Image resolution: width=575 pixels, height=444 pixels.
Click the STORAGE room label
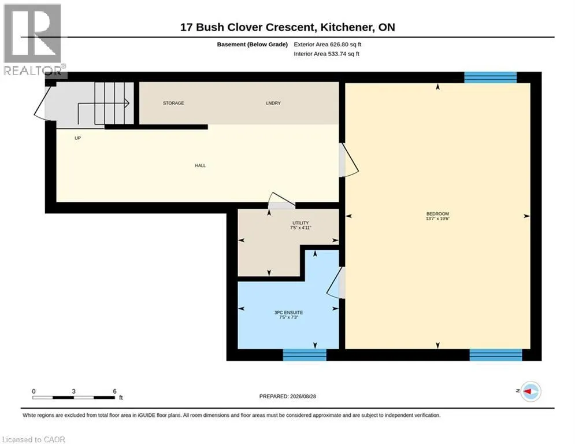[x=173, y=103]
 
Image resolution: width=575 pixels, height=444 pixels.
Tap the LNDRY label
[x=273, y=103]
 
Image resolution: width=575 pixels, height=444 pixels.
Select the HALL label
[x=200, y=165]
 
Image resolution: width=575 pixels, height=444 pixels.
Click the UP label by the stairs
[x=78, y=138]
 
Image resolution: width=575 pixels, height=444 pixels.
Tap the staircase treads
[x=114, y=103]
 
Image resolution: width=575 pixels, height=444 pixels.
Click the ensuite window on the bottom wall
[x=305, y=355]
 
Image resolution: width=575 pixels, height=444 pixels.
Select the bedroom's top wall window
[x=490, y=77]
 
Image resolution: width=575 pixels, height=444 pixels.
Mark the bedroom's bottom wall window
[x=496, y=355]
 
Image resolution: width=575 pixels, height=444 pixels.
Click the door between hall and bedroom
[x=348, y=160]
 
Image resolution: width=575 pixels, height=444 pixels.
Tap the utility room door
[x=281, y=201]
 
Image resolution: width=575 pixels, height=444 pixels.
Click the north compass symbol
[x=531, y=391]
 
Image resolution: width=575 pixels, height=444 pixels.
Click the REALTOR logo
[x=34, y=40]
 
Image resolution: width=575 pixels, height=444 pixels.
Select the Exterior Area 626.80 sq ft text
[x=328, y=45]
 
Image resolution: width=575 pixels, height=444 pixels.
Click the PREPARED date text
[x=288, y=396]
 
